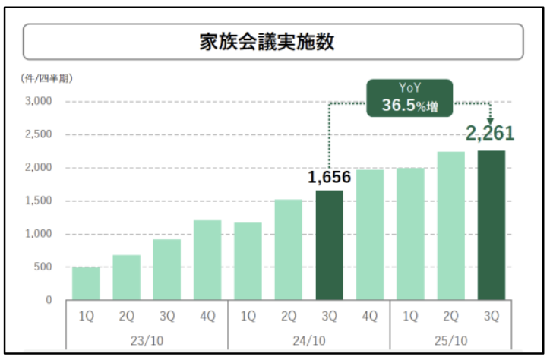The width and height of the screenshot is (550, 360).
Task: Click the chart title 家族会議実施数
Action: point(273,41)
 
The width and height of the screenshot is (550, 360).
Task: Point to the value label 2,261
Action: point(490,134)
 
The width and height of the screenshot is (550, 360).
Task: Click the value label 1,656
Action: point(329,177)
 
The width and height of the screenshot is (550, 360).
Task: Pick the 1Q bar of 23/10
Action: point(86,283)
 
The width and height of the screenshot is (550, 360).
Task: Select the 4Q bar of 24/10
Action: point(369,235)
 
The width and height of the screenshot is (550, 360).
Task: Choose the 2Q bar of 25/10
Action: point(450,226)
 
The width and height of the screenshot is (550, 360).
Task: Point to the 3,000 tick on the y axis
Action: point(37,101)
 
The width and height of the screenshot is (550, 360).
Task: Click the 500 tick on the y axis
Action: point(43,267)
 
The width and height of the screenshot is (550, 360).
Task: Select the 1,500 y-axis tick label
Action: point(37,201)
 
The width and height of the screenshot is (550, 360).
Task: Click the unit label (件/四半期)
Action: point(46,78)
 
